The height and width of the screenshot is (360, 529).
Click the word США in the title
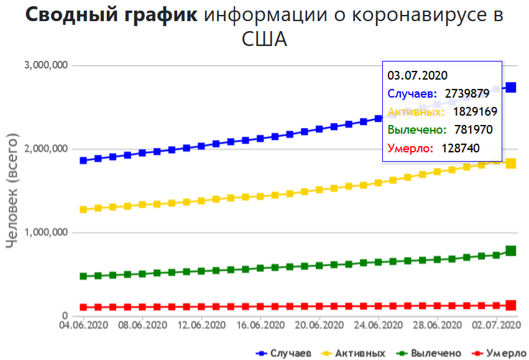264,40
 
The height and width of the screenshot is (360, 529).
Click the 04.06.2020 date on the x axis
83,325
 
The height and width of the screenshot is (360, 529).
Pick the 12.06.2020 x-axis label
201,325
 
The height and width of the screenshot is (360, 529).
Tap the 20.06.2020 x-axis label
319,325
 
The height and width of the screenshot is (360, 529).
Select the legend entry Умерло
502,353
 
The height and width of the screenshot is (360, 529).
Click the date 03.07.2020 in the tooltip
417,76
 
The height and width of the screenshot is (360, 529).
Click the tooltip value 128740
462,149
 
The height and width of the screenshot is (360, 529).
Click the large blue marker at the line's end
510,88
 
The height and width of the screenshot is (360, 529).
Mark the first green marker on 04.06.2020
83,276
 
